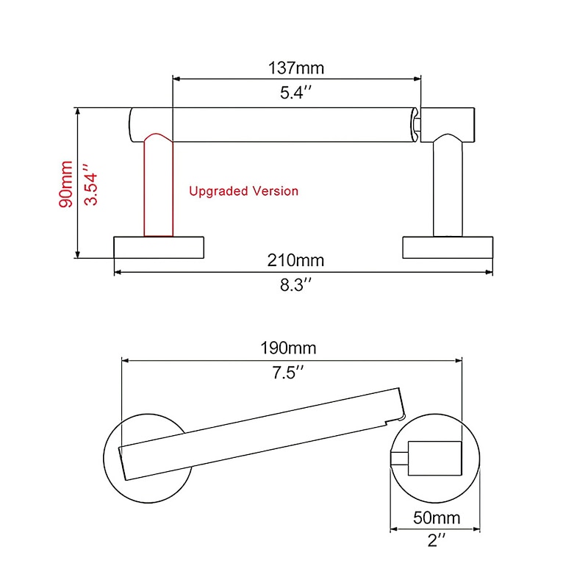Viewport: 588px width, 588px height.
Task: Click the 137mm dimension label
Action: [x=297, y=68]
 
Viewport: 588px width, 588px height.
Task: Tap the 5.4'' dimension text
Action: [x=297, y=94]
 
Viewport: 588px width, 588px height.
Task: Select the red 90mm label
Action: [x=67, y=184]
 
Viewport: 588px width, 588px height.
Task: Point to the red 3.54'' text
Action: [x=91, y=184]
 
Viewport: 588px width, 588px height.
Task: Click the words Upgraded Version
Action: [x=243, y=191]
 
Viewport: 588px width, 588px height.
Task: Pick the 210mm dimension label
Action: [x=296, y=260]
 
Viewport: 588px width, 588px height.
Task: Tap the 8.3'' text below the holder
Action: [x=297, y=286]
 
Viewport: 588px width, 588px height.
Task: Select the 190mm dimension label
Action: [x=292, y=348]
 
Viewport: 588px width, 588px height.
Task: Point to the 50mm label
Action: [x=437, y=517]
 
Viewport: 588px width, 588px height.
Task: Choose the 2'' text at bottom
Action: [x=437, y=541]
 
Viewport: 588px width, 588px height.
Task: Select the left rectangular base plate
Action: [x=158, y=247]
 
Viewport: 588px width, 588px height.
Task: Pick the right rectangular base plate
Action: [x=448, y=247]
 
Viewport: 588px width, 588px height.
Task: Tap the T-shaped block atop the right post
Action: [x=448, y=122]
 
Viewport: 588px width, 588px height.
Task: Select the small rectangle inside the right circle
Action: [x=433, y=454]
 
